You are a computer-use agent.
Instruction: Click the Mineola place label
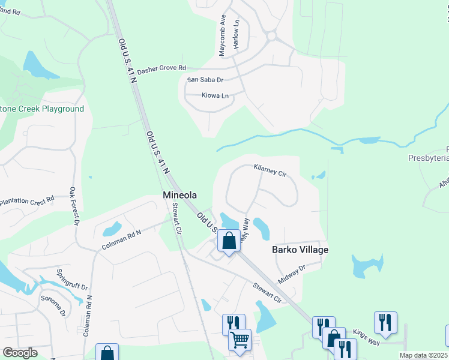pyautogui.click(x=179, y=195)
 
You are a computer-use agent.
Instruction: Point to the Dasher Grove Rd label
pyautogui.click(x=161, y=70)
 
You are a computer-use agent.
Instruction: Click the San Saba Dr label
pyautogui.click(x=205, y=80)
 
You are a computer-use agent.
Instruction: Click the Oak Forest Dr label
pyautogui.click(x=74, y=206)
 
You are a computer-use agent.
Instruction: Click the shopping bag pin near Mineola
pyautogui.click(x=229, y=241)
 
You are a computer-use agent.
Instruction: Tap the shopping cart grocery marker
pyautogui.click(x=240, y=340)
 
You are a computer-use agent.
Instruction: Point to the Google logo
pyautogui.click(x=20, y=353)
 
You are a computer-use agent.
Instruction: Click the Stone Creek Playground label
pyautogui.click(x=42, y=109)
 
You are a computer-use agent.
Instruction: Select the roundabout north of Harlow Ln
pyautogui.click(x=271, y=36)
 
